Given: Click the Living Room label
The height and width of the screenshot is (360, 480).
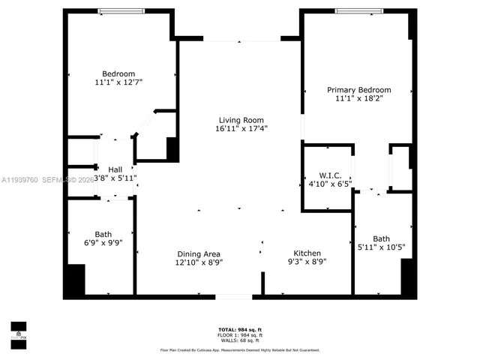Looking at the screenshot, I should point(240,120).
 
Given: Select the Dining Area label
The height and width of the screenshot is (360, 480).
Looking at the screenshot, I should point(199,253).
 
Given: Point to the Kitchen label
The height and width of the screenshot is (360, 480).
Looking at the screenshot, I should point(308,253).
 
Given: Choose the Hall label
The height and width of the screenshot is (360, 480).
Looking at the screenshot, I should point(115,169).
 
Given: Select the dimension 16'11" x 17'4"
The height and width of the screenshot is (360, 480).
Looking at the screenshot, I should point(241,129).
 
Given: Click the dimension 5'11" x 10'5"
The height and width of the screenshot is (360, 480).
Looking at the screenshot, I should point(382,247).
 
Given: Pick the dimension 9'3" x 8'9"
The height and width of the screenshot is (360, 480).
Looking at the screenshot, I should point(308,262).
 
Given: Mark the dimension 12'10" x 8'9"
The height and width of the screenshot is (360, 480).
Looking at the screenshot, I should point(199,262).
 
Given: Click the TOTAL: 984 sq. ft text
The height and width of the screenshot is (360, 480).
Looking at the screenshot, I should point(240,330).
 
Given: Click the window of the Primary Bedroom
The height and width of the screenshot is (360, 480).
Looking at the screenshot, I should point(357,10).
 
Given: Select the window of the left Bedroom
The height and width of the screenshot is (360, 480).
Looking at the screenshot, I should point(120,10).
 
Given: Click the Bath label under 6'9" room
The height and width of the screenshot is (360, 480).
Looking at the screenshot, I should point(103,234).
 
